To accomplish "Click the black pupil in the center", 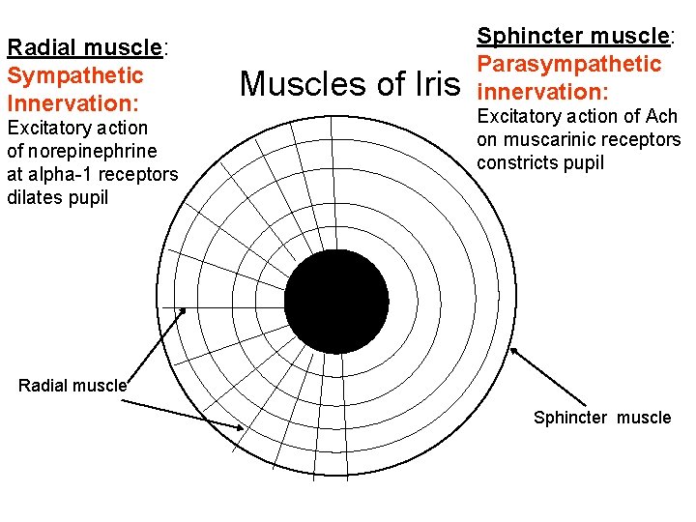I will [336, 301].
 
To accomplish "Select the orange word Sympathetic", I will [74, 74].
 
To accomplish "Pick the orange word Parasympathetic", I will [569, 64].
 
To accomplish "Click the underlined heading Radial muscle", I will [85, 47].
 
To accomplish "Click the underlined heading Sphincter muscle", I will [573, 37].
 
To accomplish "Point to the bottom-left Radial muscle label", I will [72, 385].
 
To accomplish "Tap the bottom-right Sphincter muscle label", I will [601, 418].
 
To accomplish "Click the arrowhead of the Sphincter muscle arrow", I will [513, 351].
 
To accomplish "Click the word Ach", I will [661, 116].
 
